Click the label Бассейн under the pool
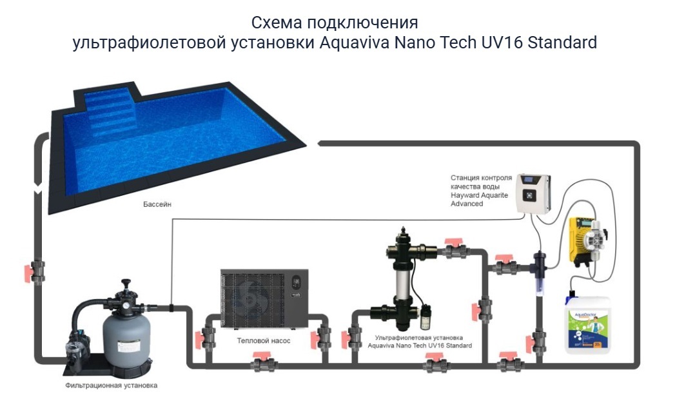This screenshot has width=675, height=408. pyautogui.click(x=157, y=204)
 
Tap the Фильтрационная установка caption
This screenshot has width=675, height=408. pyautogui.click(x=111, y=385)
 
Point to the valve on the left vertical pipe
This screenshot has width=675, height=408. pyautogui.click(x=37, y=271)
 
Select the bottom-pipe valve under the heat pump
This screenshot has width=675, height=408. pyautogui.click(x=264, y=365)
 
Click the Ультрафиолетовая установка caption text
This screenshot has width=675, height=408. pyautogui.click(x=420, y=337)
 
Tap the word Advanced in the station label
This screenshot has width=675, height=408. pyautogui.click(x=467, y=204)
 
